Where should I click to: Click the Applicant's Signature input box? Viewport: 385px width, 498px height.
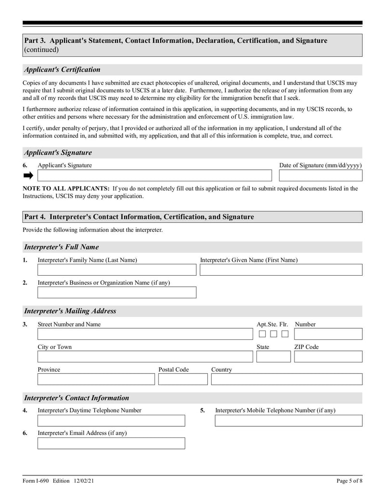click(154, 176)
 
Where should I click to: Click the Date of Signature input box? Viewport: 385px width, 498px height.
click(321, 176)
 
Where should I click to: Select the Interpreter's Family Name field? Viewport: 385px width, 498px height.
click(117, 270)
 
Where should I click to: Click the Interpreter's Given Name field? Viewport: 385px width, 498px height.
click(281, 270)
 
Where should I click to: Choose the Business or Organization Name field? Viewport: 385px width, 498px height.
click(117, 293)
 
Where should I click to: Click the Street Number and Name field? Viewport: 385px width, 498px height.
click(145, 334)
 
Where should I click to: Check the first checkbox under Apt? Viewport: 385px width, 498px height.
click(262, 334)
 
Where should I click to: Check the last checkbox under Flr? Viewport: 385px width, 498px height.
click(285, 334)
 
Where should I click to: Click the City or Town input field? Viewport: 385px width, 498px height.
click(145, 357)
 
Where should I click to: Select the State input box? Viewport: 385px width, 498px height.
click(273, 357)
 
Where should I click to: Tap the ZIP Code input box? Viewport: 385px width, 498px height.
click(328, 357)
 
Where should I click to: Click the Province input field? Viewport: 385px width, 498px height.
click(96, 379)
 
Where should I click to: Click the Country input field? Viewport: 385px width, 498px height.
click(286, 379)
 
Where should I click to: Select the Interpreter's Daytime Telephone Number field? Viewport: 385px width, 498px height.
click(111, 421)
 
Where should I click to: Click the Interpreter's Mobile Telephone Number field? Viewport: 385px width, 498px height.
click(288, 421)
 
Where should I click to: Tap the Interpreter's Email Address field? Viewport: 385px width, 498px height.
click(111, 443)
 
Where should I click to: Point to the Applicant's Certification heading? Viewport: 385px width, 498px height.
click(63, 70)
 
